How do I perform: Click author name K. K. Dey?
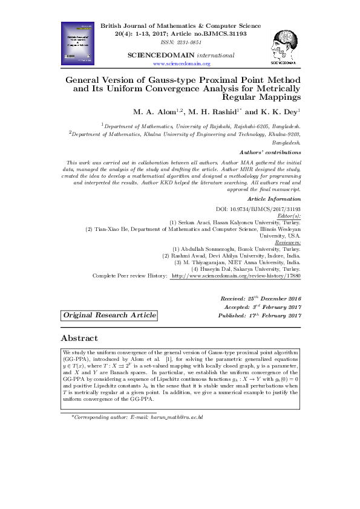(x=281, y=112)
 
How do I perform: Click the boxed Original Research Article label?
(x=110, y=316)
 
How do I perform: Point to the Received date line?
(x=261, y=299)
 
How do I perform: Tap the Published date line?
(x=261, y=316)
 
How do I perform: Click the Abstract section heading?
(x=79, y=338)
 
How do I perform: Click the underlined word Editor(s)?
(x=288, y=215)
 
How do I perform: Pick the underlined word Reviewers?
(x=287, y=242)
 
